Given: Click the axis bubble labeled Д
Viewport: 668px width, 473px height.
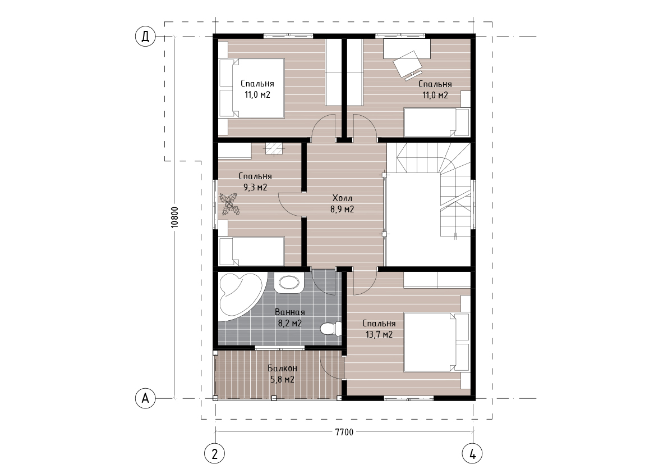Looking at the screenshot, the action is click(145, 37).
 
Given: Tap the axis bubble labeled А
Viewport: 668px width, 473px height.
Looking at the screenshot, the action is click(145, 398).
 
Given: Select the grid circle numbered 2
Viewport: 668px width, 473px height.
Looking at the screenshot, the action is click(215, 453).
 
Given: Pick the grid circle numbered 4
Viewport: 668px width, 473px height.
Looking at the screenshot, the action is click(473, 453).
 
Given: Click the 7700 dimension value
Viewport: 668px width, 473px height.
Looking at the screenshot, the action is click(344, 432).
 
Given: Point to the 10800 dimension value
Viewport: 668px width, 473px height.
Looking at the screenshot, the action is click(175, 217).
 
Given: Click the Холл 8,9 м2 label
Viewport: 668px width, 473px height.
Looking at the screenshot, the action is click(343, 204).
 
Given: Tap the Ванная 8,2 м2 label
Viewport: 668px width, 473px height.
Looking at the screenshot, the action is click(290, 318).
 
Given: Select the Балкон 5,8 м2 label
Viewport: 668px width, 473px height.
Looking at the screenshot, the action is click(283, 374).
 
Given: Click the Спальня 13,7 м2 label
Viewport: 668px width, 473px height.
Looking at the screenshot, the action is click(379, 329).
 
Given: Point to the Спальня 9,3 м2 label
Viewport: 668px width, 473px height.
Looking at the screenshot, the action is click(255, 181).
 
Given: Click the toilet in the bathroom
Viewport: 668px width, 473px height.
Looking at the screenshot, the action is click(330, 329).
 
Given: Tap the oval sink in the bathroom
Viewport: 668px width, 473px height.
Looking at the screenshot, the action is click(289, 283).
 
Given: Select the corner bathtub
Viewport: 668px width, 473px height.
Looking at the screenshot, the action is click(238, 297).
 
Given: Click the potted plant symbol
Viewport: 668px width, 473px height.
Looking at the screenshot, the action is click(229, 204).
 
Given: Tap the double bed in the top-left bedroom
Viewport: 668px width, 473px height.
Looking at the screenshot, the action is click(251, 88).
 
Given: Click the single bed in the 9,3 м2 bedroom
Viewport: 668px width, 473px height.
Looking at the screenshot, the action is click(251, 252).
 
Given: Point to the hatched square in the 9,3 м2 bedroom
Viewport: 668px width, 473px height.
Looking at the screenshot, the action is click(274, 148).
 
